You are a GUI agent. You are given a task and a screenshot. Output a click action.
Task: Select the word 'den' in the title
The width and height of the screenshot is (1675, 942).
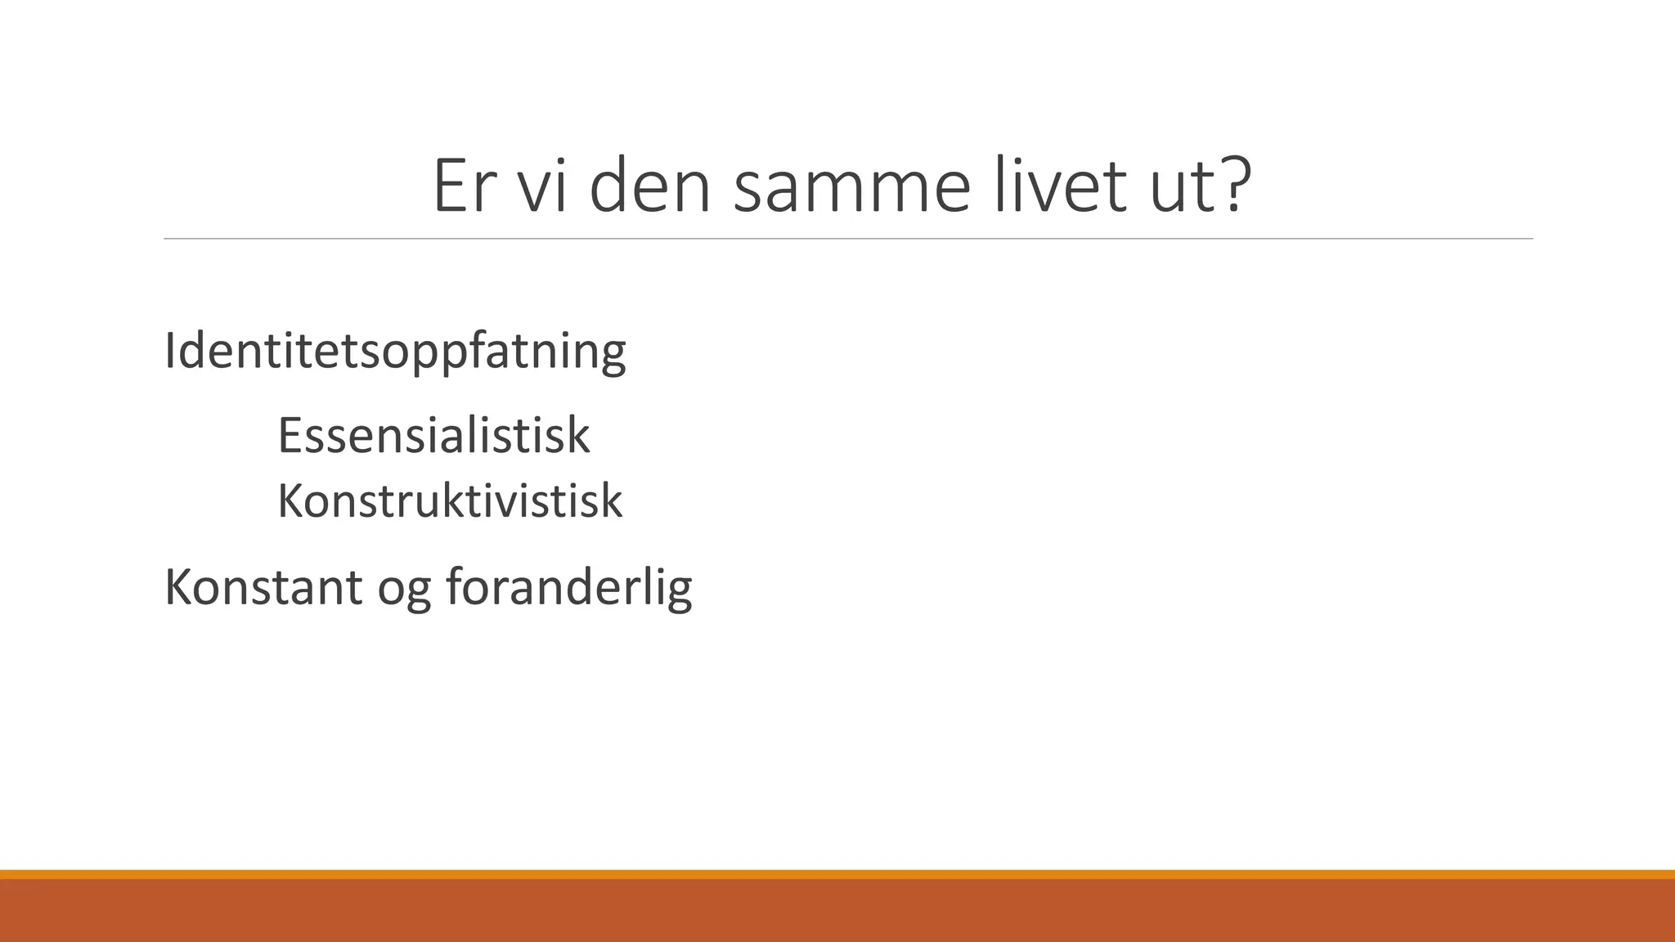pos(649,186)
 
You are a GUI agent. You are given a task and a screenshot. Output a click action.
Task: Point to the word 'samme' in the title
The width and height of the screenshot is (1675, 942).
pos(851,186)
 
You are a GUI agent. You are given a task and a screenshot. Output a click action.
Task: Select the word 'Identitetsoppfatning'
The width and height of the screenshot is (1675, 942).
pos(395,352)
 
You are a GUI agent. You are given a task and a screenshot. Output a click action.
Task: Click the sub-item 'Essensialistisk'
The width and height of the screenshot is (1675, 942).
pos(433,435)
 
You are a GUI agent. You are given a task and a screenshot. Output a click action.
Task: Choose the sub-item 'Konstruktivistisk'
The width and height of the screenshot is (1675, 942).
pos(450,500)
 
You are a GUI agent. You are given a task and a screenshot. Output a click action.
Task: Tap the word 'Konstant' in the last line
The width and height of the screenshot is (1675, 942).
pos(263,586)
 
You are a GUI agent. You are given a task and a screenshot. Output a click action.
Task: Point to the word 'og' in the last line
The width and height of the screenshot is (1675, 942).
pos(403,590)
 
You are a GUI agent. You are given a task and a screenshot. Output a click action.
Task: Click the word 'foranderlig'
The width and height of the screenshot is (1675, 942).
pos(568,586)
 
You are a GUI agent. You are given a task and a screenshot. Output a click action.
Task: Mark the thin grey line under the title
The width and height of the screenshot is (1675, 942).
pos(847,239)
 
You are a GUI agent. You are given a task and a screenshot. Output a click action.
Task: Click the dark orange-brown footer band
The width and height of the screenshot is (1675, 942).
pos(837,911)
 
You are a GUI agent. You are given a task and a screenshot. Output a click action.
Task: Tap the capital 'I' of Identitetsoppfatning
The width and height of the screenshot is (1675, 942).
pos(169,351)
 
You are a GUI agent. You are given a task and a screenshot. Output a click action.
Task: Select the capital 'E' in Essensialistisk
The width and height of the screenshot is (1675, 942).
pos(290,435)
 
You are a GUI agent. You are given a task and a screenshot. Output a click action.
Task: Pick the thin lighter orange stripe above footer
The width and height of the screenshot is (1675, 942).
pos(837,874)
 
